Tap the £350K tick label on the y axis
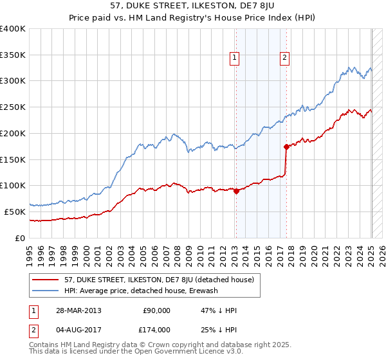(x=12, y=55)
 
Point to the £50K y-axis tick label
(x=14, y=212)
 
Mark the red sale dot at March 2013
(x=236, y=191)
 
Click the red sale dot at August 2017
(x=286, y=147)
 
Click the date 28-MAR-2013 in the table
(x=78, y=310)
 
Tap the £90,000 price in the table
(x=156, y=310)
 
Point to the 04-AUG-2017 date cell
(x=78, y=330)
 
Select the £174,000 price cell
(x=156, y=330)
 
